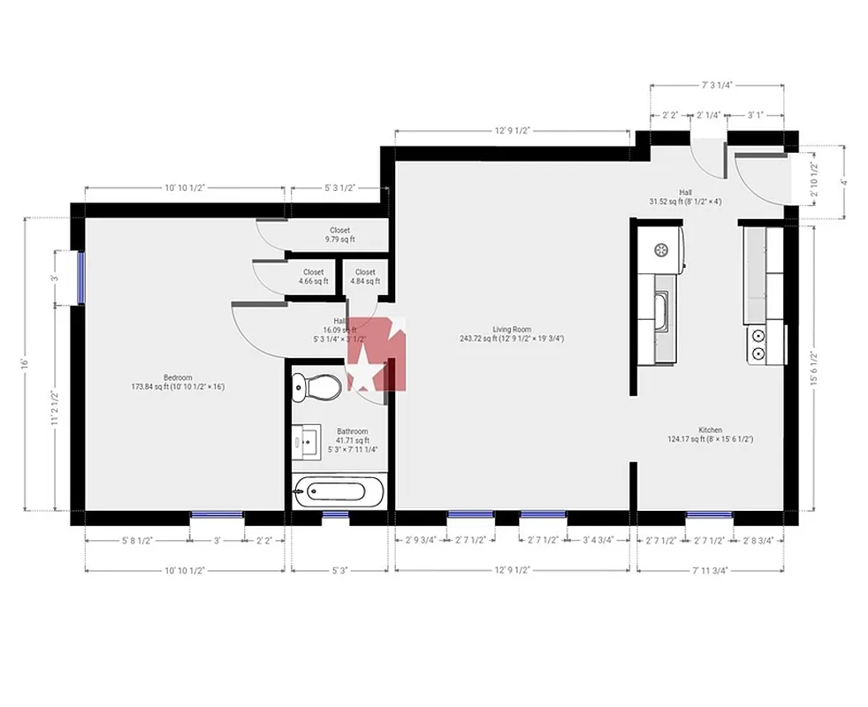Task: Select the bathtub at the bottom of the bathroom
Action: tap(339, 491)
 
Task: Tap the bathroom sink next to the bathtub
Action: tap(307, 440)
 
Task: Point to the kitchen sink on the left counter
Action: tap(661, 308)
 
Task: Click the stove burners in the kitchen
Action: tap(758, 345)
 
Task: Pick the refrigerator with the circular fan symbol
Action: tap(664, 249)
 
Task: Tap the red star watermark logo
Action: tap(376, 353)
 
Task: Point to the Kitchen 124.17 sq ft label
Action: tap(710, 435)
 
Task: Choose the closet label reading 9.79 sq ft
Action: tap(339, 235)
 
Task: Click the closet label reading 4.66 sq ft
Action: tap(313, 277)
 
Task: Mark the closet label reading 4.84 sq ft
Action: tap(364, 277)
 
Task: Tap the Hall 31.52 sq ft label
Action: tap(685, 197)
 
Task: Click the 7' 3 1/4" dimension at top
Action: tap(717, 85)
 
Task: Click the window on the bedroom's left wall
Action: tap(80, 277)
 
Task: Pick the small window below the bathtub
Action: tap(335, 513)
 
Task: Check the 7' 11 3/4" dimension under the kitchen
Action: tap(710, 571)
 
